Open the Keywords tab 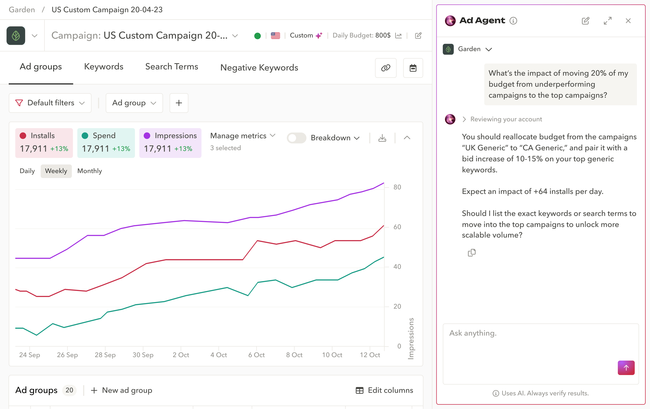[104, 67]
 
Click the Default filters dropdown [50, 103]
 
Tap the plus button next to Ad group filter [179, 103]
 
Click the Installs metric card [44, 143]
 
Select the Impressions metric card [170, 143]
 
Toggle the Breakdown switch [296, 138]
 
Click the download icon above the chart [382, 138]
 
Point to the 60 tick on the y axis [397, 227]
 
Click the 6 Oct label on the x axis [256, 355]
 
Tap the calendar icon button [413, 68]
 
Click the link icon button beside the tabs [386, 68]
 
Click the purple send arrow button [626, 368]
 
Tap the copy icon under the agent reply [471, 253]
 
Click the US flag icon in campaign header [275, 36]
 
